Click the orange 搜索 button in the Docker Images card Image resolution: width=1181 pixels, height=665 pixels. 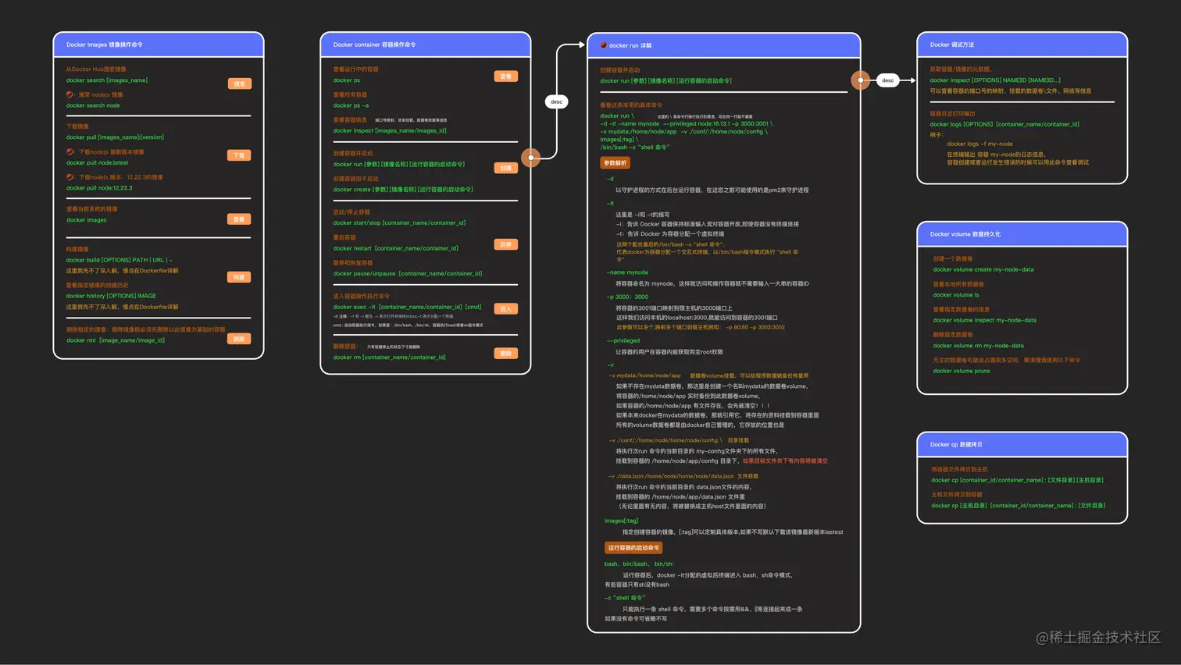240,84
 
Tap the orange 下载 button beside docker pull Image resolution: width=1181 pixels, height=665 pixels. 239,155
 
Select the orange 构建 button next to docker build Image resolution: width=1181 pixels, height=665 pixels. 239,277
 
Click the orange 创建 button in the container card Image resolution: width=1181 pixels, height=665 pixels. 505,168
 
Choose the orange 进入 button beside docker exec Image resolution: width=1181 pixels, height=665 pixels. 505,309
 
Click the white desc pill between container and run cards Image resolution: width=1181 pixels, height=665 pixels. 556,101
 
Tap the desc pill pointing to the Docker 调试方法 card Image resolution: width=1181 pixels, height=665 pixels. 887,80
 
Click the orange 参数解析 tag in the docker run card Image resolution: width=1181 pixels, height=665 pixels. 615,163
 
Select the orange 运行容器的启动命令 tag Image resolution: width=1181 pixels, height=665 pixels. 633,548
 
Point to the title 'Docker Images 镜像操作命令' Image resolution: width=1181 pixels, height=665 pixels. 105,45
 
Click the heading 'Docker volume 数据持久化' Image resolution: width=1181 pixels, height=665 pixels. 965,234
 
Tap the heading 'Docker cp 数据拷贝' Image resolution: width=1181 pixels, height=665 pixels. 956,445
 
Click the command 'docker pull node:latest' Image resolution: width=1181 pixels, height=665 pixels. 97,163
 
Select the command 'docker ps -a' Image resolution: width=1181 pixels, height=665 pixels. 351,105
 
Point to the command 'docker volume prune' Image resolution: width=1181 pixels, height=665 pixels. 961,371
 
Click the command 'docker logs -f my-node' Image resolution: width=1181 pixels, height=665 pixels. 979,144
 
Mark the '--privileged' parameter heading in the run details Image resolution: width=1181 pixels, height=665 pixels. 623,340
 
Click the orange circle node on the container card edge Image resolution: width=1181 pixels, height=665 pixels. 531,158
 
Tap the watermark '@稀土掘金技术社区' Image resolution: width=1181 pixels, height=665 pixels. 1098,637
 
